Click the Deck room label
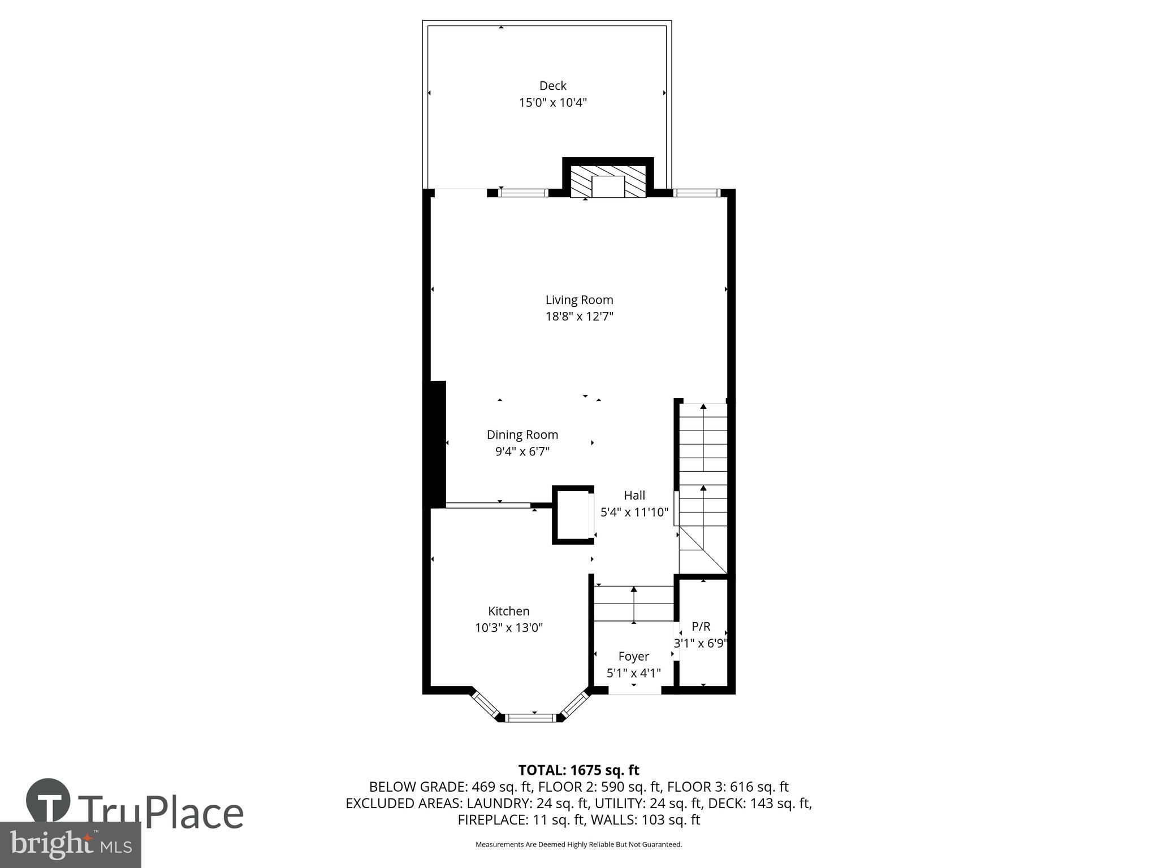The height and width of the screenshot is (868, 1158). point(552,86)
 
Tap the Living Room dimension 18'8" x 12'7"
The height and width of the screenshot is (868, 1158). point(579,316)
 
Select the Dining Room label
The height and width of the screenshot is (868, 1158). point(522,435)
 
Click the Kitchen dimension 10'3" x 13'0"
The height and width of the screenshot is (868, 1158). point(508,628)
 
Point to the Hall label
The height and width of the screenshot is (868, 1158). point(634,496)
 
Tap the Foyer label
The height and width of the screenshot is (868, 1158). point(633,657)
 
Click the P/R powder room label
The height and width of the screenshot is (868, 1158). point(701,626)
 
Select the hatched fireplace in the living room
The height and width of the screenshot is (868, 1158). point(607,182)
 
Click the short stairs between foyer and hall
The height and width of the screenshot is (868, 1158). point(633,604)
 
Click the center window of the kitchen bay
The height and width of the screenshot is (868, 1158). point(530,718)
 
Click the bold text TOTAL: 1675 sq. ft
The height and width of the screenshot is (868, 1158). point(578,770)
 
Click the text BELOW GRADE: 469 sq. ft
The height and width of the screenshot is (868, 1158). point(450,787)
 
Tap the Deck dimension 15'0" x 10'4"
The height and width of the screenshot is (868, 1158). point(552,103)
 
